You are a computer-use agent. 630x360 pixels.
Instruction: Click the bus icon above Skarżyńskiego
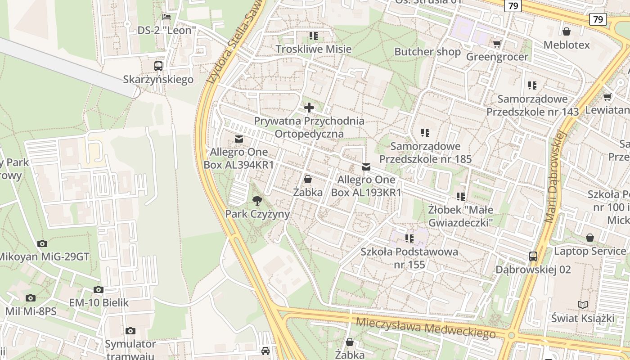click(158, 66)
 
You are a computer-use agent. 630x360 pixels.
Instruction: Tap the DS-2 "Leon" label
click(167, 31)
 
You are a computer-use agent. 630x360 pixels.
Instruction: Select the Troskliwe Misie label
click(313, 49)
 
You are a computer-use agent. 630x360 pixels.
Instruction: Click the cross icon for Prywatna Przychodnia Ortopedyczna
click(309, 108)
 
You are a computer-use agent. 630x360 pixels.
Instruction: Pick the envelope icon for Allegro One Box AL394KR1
click(239, 139)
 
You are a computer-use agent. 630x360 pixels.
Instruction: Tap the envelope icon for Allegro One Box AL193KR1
click(366, 167)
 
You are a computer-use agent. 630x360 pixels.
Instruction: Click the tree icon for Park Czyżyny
click(257, 201)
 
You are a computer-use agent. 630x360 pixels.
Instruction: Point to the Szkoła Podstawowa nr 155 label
click(409, 258)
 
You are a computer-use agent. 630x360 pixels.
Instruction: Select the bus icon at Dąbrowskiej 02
click(533, 256)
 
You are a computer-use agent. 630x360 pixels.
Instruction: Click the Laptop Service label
click(589, 251)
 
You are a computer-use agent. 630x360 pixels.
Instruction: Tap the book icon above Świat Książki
click(583, 305)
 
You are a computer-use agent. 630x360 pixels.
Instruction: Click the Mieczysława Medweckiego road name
click(425, 328)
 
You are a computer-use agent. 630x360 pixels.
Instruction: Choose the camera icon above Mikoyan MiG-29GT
click(42, 244)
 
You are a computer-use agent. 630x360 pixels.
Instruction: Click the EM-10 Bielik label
click(99, 302)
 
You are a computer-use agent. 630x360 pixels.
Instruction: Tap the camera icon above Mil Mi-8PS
click(31, 298)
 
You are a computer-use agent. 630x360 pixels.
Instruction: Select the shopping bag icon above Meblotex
click(567, 31)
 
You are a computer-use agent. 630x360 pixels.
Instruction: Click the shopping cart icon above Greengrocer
click(497, 44)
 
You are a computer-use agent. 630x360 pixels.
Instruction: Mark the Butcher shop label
click(427, 52)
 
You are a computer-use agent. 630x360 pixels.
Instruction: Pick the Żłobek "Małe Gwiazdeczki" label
click(460, 216)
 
